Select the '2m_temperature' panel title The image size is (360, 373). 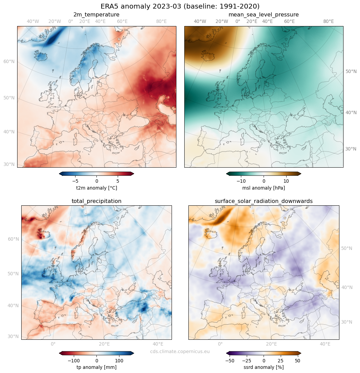(96, 15)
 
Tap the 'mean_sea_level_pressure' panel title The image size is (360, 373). (264, 15)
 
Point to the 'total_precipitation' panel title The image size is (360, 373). (96, 201)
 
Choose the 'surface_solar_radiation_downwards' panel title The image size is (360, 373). (264, 201)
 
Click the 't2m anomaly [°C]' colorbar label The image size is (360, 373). (96, 188)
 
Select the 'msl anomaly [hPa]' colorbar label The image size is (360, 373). (264, 188)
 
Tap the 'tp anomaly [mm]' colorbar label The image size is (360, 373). (96, 367)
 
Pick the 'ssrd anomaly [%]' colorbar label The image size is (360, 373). (264, 367)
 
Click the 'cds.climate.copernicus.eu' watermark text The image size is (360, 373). (180, 351)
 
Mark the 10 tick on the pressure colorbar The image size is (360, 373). (286, 181)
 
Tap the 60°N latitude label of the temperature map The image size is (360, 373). (9, 62)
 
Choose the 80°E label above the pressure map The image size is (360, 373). (328, 21)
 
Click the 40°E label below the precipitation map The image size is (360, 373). (158, 344)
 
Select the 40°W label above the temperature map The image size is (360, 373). (33, 21)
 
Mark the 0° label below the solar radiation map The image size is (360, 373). (220, 344)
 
